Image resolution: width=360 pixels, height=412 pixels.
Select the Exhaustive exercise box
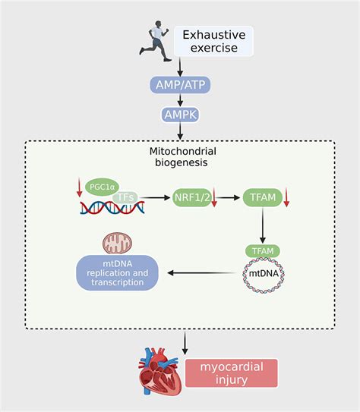[x=213, y=42]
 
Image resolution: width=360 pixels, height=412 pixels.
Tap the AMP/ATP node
[x=180, y=85]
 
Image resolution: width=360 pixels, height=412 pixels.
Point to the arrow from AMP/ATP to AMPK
[x=180, y=100]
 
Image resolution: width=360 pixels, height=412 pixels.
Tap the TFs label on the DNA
[x=127, y=198]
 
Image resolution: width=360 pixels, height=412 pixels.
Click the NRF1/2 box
[x=193, y=197]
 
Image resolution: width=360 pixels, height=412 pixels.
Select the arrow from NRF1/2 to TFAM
[x=227, y=197]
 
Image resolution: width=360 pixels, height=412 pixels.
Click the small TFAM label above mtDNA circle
[x=262, y=250]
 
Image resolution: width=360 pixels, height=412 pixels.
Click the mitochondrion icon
[x=117, y=243]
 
